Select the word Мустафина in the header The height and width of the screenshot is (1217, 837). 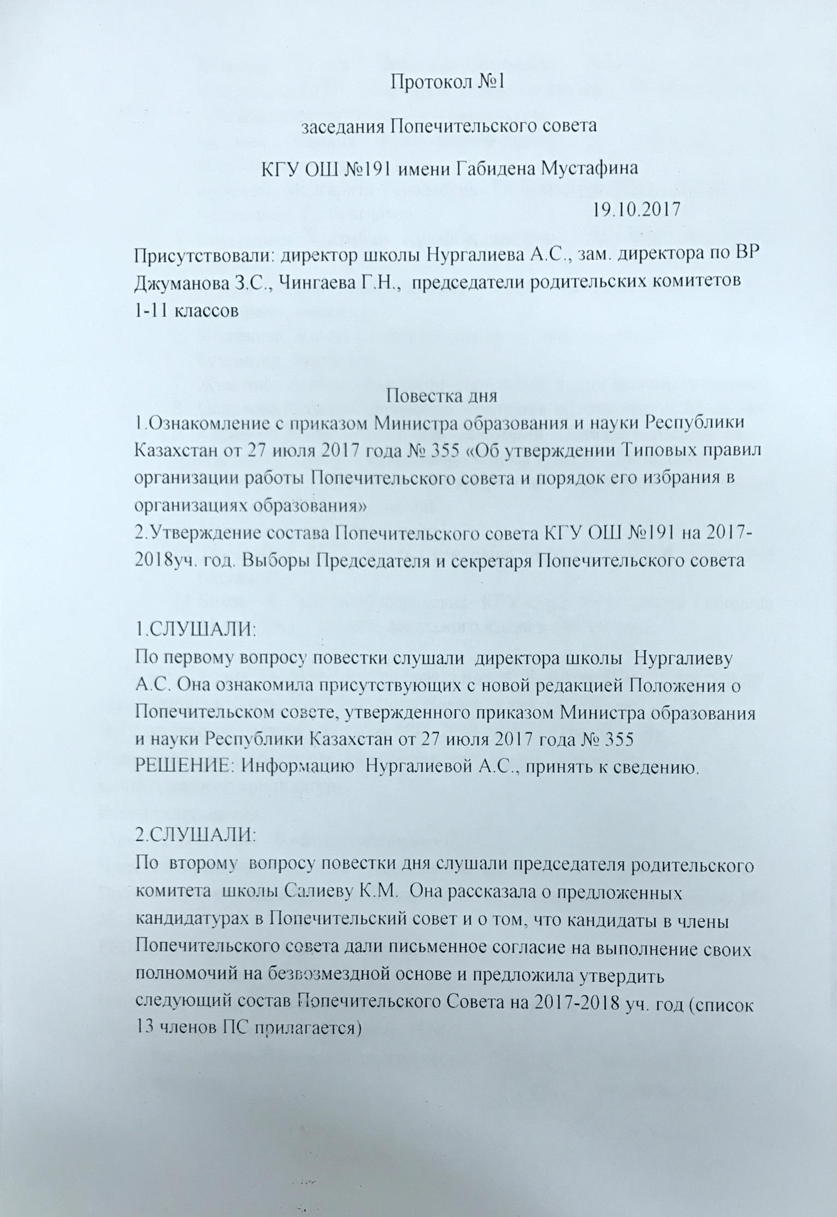(589, 168)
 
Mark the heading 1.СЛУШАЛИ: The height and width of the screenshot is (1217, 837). (195, 630)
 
